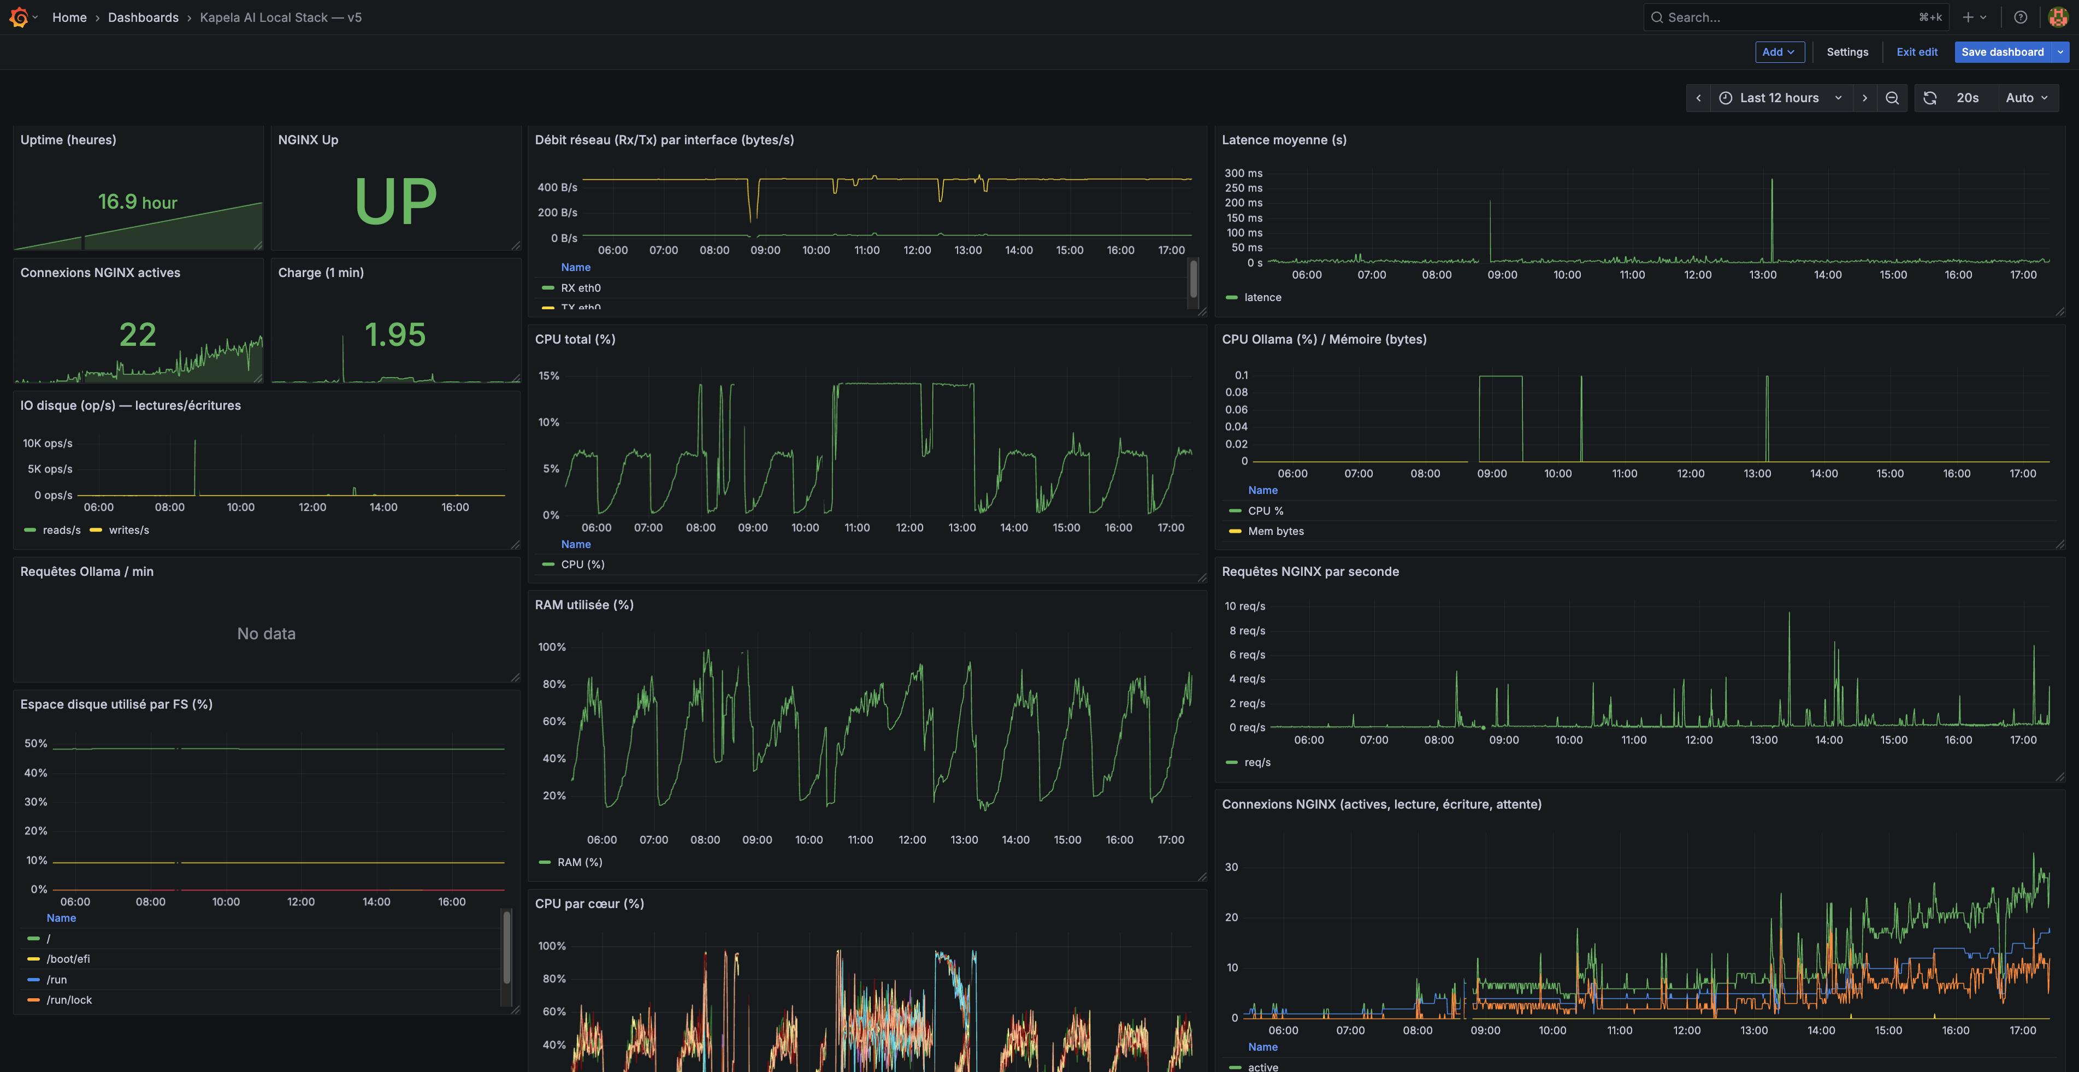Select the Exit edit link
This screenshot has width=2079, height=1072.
tap(1916, 52)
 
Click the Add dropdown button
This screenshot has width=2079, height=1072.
tap(1779, 52)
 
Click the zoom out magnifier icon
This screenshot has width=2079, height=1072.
tap(1892, 98)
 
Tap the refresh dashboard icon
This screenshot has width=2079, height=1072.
tap(1930, 98)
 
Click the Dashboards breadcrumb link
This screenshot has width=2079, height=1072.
tap(143, 17)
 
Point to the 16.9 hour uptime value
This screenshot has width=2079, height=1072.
tap(137, 202)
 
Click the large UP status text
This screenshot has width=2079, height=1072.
tap(395, 201)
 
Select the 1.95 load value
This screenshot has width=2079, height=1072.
tap(394, 334)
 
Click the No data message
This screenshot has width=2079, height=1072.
tap(267, 634)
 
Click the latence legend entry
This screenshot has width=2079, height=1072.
tap(1262, 297)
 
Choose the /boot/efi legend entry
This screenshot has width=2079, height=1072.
tap(68, 959)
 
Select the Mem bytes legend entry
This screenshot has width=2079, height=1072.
tap(1275, 531)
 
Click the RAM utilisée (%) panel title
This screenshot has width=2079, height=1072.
tap(583, 605)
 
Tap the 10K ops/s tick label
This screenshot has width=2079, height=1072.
tap(48, 443)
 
